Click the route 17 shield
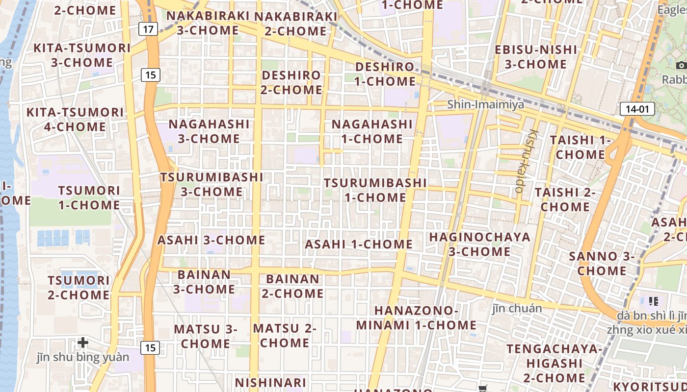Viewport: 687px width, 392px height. point(148,29)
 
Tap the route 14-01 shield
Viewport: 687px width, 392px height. point(637,109)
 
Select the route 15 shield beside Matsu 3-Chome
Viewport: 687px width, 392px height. point(150,348)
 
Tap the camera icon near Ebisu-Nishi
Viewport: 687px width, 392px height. point(681,65)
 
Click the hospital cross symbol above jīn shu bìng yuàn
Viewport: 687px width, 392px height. point(83,342)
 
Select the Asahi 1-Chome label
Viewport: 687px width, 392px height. point(359,244)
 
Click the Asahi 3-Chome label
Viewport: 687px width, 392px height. point(211,240)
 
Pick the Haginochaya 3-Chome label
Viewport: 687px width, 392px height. point(479,244)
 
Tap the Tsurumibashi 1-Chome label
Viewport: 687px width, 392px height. point(375,190)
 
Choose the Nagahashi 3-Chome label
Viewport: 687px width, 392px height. point(209,131)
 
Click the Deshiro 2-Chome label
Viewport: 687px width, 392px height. point(291,82)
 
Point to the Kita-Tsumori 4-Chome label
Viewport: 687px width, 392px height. point(75,119)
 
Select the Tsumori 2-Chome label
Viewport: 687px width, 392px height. point(79,288)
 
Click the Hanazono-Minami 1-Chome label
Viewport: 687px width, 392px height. point(416,318)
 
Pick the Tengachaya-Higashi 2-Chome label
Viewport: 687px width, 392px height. point(554,363)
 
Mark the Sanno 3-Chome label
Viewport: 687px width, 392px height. point(602,263)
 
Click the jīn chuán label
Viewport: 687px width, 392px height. point(517,308)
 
